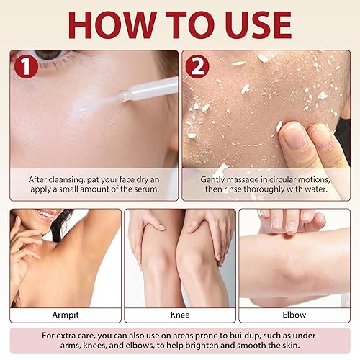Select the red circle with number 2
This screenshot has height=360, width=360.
[197, 66]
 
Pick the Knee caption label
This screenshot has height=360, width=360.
[180, 315]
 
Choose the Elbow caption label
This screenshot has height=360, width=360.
[294, 315]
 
